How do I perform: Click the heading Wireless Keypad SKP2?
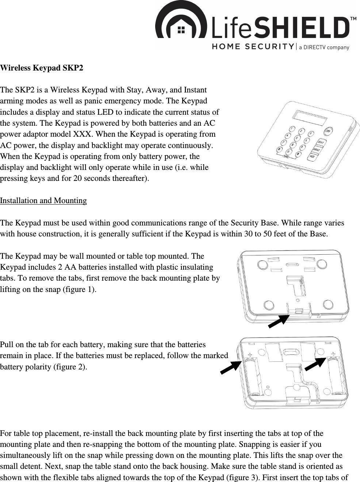pyautogui.click(x=42, y=68)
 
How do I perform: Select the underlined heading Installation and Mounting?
pyautogui.click(x=43, y=201)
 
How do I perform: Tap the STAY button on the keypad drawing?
pyautogui.click(x=321, y=142)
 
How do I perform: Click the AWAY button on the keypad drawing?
pyautogui.click(x=317, y=149)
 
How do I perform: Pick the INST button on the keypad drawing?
pyautogui.click(x=313, y=156)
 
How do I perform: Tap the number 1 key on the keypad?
pyautogui.click(x=291, y=129)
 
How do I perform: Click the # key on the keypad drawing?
pyautogui.click(x=298, y=154)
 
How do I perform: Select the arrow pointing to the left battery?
pyautogui.click(x=231, y=367)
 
